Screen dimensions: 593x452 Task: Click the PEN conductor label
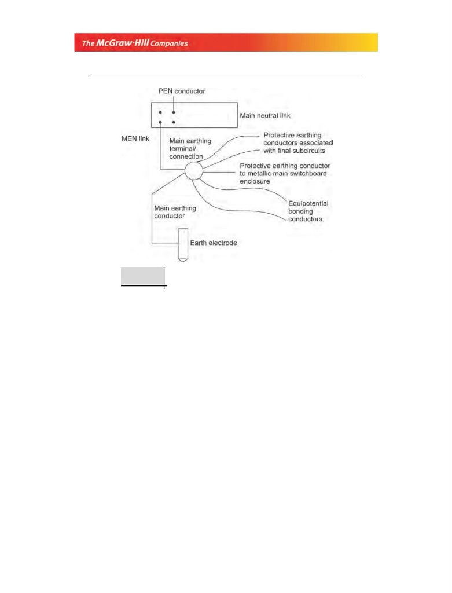click(x=182, y=91)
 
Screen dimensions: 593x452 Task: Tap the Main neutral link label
click(x=265, y=116)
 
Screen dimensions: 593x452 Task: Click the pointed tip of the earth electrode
click(x=183, y=261)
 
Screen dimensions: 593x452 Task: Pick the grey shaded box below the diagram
click(x=142, y=276)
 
